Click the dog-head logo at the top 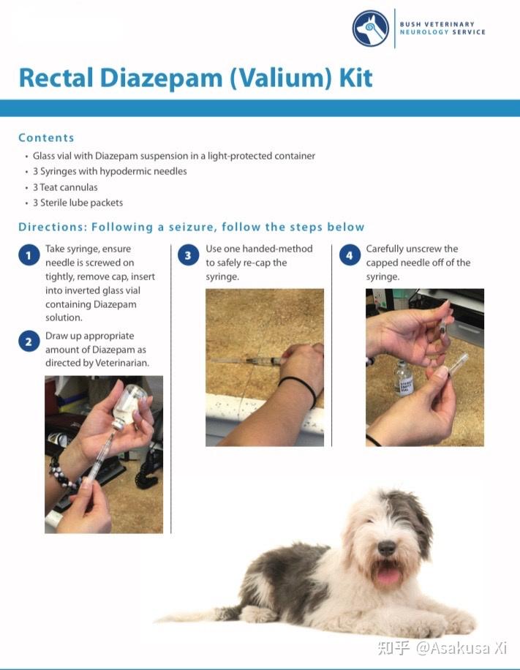click(x=371, y=29)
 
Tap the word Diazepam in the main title click(x=161, y=78)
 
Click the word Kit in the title click(x=355, y=78)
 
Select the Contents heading click(x=46, y=138)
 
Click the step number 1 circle click(x=29, y=255)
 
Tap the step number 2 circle click(x=29, y=342)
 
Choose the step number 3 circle click(x=188, y=255)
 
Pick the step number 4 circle click(x=350, y=255)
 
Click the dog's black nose click(x=386, y=548)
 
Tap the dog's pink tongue click(x=388, y=575)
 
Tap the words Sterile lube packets click(x=81, y=203)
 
